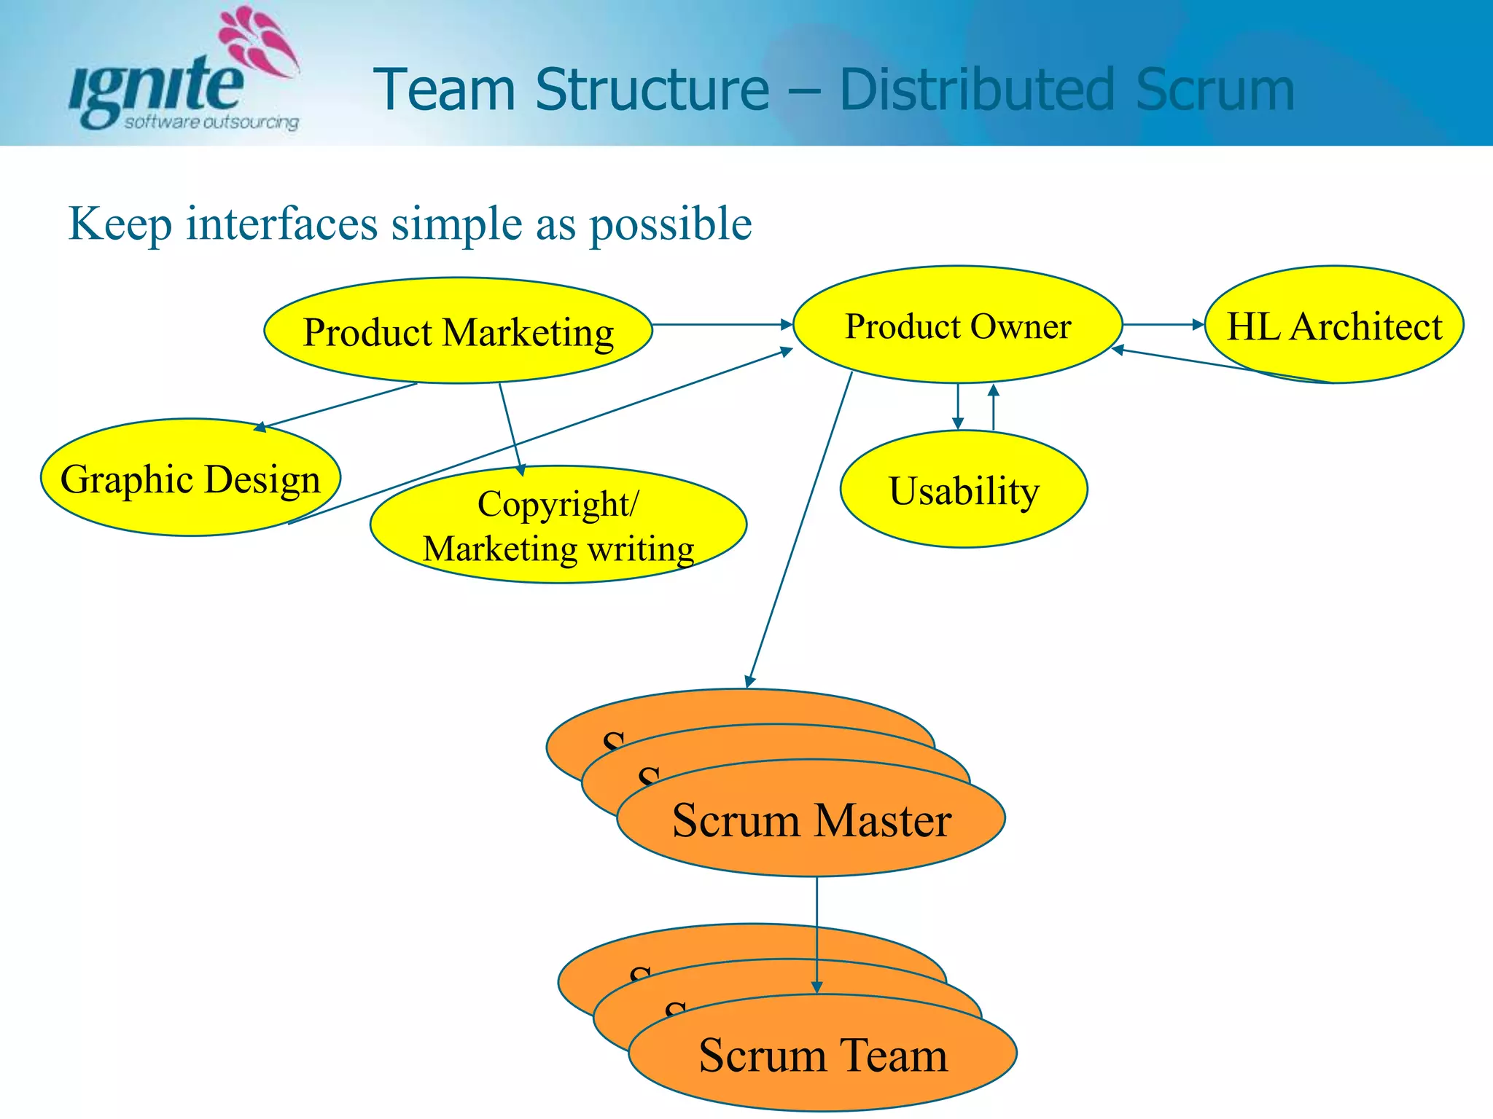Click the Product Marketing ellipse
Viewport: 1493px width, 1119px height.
[x=458, y=331]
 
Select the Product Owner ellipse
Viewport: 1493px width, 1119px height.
[x=957, y=326]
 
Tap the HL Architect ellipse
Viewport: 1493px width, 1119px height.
[x=1334, y=326]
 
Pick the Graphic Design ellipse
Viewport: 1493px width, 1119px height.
[x=190, y=479]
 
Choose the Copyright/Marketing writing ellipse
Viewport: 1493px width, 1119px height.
[x=558, y=525]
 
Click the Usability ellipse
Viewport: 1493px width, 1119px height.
[x=964, y=490]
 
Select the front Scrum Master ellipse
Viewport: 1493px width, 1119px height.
[x=811, y=819]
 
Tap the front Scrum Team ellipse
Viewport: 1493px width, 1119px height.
[x=822, y=1054]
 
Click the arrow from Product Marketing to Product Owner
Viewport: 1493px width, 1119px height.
[x=722, y=324]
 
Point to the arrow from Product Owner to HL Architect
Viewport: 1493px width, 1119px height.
[x=1163, y=324]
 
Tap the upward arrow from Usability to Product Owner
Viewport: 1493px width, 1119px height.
[x=993, y=408]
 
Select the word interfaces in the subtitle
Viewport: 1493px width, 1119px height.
[x=281, y=223]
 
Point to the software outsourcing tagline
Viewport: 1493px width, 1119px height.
[x=211, y=122]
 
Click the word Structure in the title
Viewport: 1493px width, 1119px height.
[x=652, y=90]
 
